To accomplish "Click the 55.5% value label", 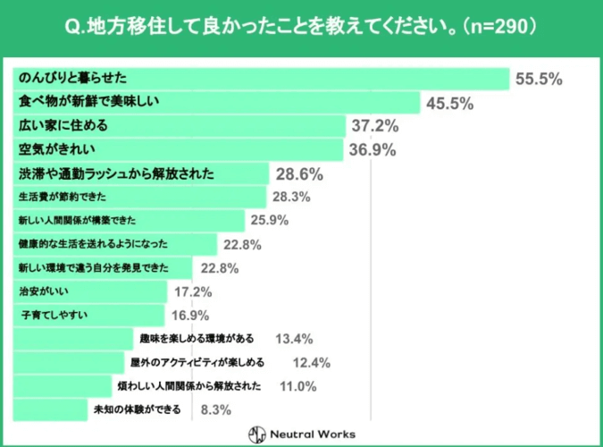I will [538, 79].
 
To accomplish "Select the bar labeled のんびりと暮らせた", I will [259, 79].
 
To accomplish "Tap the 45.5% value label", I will [449, 103].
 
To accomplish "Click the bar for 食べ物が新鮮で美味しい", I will [214, 103].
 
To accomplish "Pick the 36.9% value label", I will [372, 150].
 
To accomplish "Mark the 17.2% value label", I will [192, 291].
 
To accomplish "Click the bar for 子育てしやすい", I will [89, 315].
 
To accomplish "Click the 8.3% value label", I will [217, 409].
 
